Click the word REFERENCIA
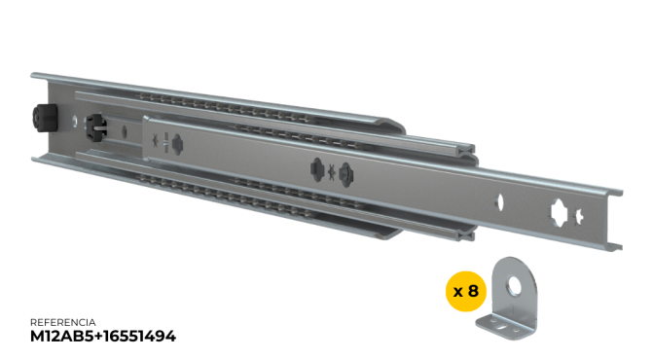[63, 322]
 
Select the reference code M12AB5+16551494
[103, 336]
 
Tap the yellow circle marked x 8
[466, 291]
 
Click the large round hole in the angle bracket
[516, 285]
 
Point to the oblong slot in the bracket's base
[504, 327]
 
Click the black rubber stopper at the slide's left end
[45, 118]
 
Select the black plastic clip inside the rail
[96, 127]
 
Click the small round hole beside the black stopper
[74, 121]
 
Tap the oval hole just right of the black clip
[125, 131]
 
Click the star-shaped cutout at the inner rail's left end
[156, 140]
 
